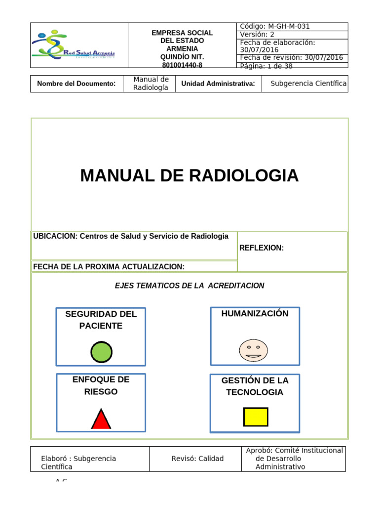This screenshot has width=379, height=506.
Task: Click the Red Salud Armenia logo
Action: [74, 45]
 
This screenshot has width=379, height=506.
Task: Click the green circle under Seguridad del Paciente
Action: [101, 352]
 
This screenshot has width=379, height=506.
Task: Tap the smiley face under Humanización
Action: [254, 350]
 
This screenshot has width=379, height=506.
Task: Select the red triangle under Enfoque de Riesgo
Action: [101, 420]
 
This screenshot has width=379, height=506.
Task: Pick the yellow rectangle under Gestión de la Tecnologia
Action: [256, 417]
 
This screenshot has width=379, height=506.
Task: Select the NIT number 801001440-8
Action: [182, 65]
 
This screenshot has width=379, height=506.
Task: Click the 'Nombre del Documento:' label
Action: [76, 84]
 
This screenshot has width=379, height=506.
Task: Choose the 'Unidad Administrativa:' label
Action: [218, 84]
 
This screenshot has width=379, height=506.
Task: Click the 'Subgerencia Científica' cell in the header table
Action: [308, 84]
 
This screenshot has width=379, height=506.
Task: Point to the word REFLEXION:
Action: [262, 248]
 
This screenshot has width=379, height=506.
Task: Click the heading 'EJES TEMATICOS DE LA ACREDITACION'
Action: [189, 286]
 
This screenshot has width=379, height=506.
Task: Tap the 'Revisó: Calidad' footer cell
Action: [197, 459]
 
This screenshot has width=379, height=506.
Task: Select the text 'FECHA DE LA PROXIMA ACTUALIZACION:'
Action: [109, 267]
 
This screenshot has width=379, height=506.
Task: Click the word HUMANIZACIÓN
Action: [255, 313]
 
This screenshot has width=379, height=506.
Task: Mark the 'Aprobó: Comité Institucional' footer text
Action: [295, 450]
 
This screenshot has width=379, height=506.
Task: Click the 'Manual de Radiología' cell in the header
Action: [151, 84]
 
